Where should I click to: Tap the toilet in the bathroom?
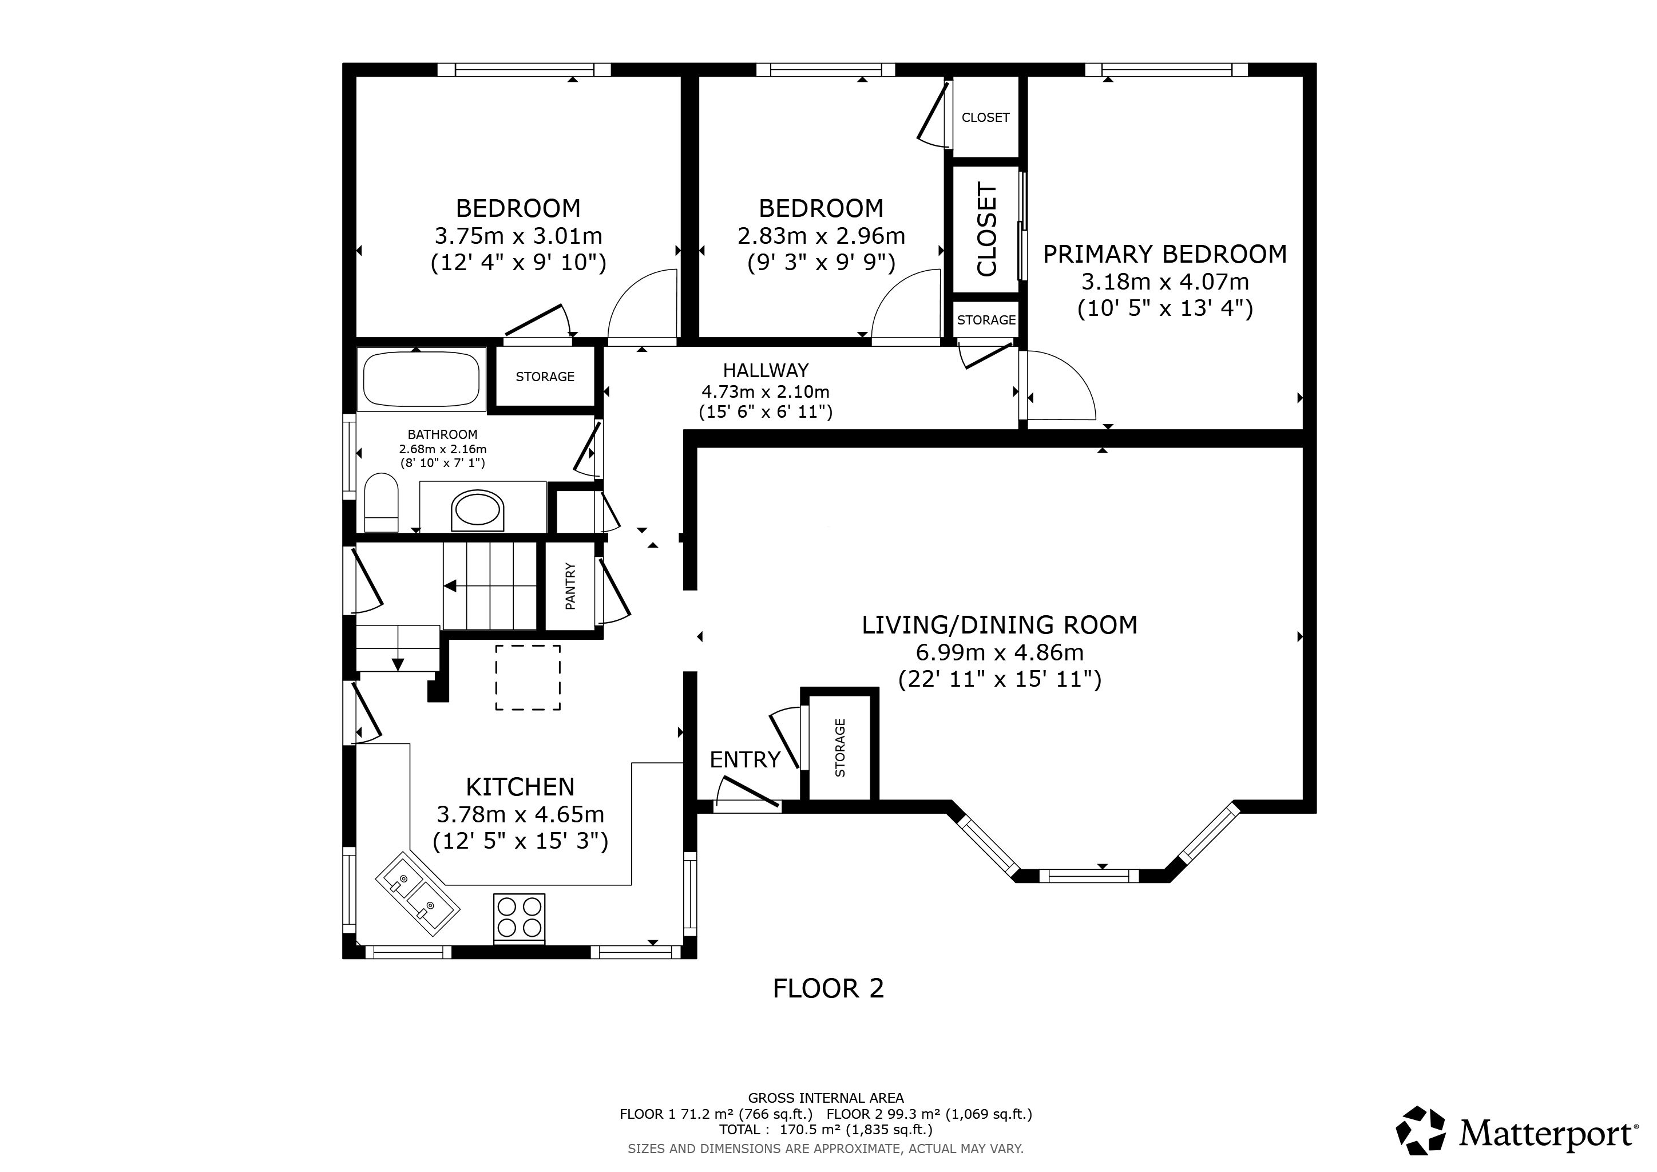point(381,502)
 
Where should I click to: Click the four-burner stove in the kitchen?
point(519,918)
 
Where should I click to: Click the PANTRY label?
point(570,586)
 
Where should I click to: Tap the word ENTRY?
point(745,759)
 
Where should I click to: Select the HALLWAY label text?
point(766,370)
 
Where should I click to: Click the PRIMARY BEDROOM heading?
point(1165,254)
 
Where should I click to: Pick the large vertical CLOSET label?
point(986,229)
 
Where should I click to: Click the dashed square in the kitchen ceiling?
point(528,678)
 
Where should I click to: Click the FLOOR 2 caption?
point(828,988)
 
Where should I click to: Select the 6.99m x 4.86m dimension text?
point(1000,652)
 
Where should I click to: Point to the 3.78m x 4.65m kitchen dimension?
point(520,814)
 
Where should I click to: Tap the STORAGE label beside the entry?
point(840,747)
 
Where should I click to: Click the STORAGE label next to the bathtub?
point(545,377)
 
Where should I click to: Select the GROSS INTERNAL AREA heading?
point(826,1098)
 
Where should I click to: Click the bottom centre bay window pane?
point(1088,876)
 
